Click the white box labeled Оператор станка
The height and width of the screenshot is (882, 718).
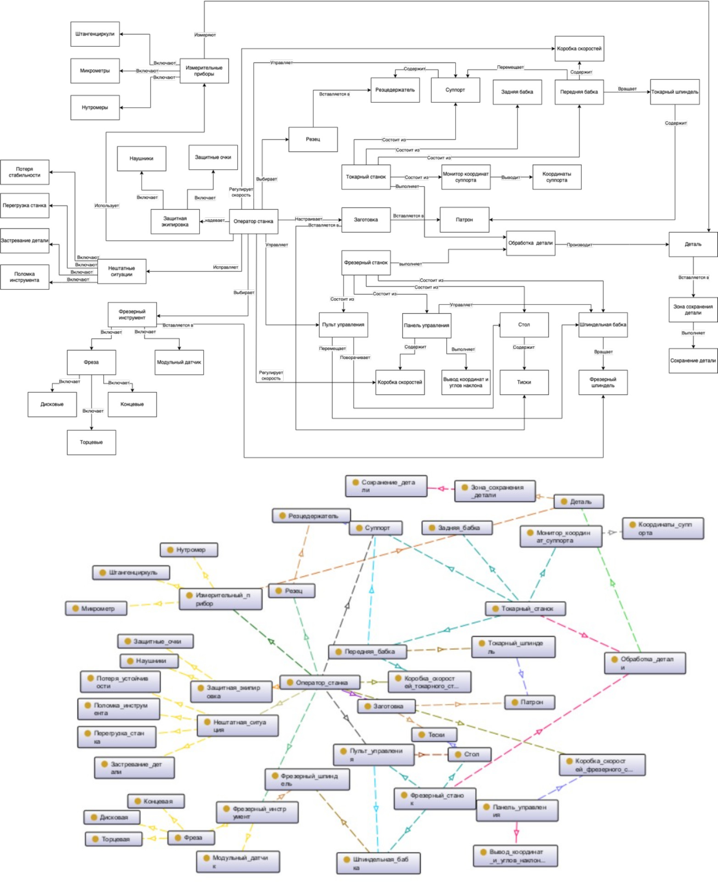[x=253, y=222]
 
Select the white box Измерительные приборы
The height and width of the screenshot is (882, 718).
[x=204, y=71]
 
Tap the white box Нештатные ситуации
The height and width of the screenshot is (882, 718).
[x=122, y=272]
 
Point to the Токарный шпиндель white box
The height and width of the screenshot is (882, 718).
[x=674, y=92]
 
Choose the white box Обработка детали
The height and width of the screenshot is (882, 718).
[x=530, y=243]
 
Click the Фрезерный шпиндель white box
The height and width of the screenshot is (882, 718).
[x=603, y=383]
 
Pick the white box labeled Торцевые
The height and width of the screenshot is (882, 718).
[x=91, y=443]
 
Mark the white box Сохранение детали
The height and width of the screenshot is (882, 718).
[x=693, y=361]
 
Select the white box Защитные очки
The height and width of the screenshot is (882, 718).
[x=213, y=157]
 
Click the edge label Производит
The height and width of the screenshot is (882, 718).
[x=579, y=245]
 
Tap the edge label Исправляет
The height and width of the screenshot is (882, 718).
[x=225, y=267]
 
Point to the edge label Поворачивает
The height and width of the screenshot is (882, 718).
[x=355, y=358]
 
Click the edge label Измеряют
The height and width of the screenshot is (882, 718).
[x=205, y=35]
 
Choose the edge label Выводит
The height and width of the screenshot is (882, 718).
[x=511, y=178]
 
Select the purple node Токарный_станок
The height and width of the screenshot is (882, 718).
[x=525, y=609]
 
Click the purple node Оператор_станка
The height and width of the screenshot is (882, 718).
[x=320, y=682]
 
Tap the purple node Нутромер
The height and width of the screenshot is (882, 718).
[x=189, y=549]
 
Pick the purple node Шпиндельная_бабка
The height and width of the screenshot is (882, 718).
[x=378, y=863]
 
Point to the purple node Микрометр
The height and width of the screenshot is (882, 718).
[x=96, y=609]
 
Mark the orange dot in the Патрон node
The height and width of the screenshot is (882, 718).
[x=515, y=702]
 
